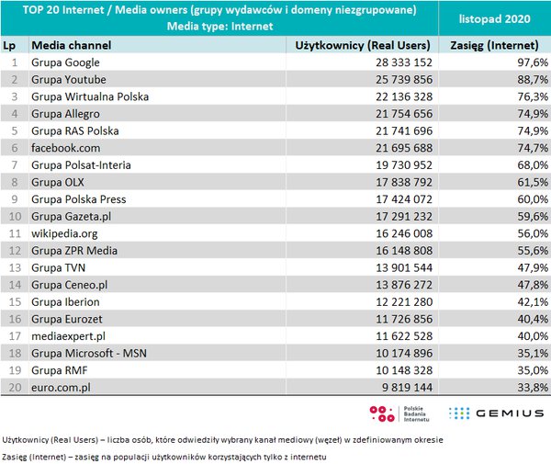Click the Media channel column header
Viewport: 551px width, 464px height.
[x=71, y=44]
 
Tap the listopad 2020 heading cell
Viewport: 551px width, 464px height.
[x=494, y=18]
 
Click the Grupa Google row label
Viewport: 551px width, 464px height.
[x=67, y=62]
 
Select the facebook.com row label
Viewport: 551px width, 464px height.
[x=65, y=147]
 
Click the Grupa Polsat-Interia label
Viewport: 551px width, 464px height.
[x=81, y=164]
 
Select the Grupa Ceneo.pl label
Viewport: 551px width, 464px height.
[x=70, y=285]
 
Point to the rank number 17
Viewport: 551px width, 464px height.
[x=14, y=336]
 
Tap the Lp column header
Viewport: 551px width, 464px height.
[x=11, y=44]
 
